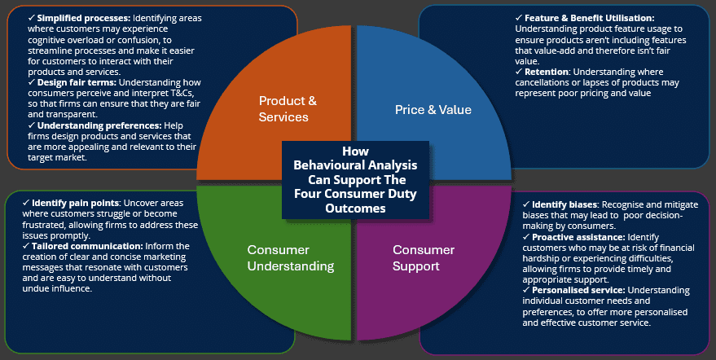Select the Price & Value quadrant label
coord(433,108)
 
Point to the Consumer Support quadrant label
coord(424,257)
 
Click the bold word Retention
coord(552,71)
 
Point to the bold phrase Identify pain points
coord(69,201)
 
